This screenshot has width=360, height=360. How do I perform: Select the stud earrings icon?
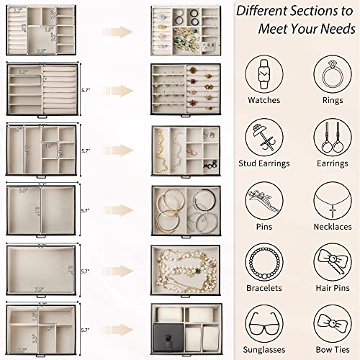click(264, 135)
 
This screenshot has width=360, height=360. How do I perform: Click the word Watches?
click(264, 101)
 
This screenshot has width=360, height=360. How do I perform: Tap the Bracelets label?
click(264, 288)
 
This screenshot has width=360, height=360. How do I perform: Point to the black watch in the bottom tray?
click(165, 333)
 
